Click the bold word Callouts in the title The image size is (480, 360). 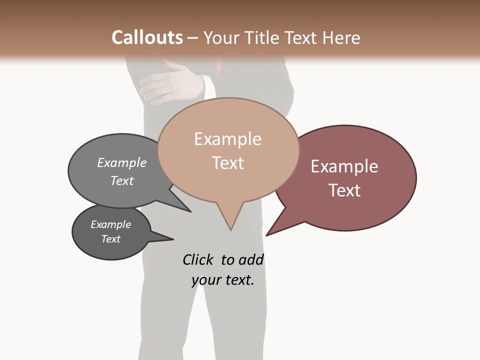point(147,37)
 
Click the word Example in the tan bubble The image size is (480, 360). point(227,139)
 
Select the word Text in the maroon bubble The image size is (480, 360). point(344,190)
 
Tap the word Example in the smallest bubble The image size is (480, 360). point(110,224)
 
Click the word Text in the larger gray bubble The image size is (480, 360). point(122,180)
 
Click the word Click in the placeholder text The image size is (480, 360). point(197,259)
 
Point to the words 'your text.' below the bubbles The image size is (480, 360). point(223,280)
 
